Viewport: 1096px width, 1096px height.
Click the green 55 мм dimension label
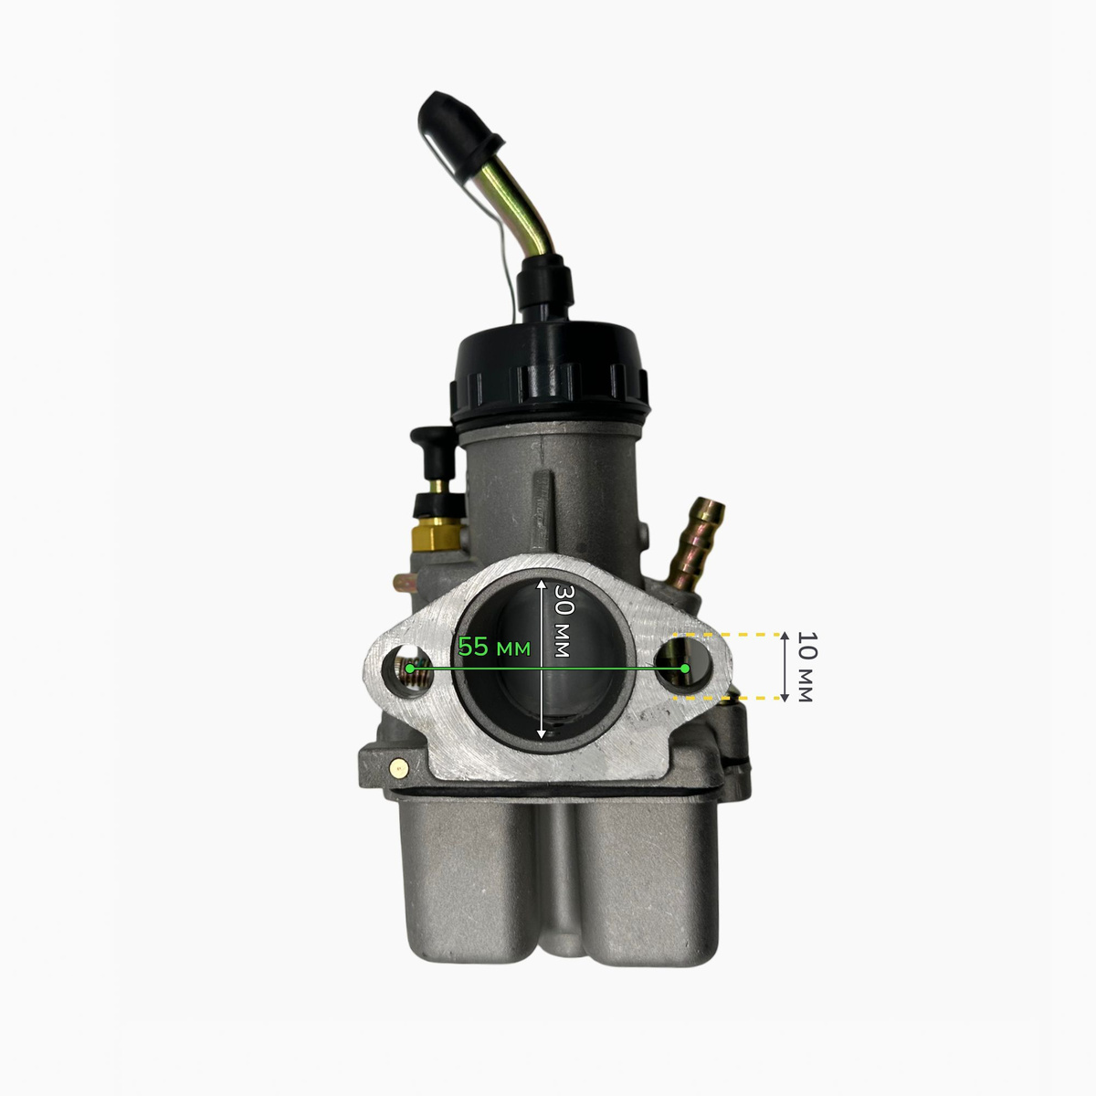tap(494, 648)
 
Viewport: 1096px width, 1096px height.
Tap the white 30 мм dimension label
tap(563, 620)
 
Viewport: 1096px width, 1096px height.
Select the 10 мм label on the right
tap(806, 667)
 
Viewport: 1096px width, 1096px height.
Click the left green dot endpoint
tap(409, 669)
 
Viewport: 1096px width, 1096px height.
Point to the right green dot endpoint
tap(685, 669)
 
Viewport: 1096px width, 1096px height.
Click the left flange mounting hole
tap(405, 672)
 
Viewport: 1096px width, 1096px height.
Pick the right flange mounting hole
tap(683, 666)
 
